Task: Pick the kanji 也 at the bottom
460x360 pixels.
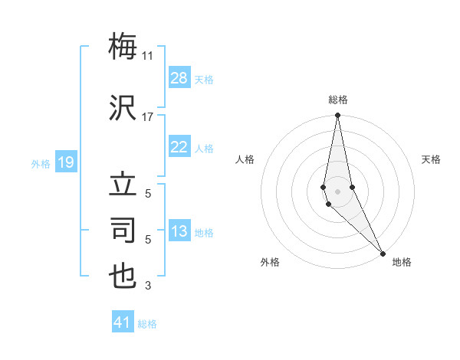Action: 123,276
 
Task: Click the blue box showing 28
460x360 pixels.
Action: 179,78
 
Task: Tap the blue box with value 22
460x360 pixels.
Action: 179,147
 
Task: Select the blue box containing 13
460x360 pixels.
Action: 179,232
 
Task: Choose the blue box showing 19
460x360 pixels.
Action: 66,162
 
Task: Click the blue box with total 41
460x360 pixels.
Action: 123,322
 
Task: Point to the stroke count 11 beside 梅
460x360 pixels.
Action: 147,55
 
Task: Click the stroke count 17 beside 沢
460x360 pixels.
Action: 147,117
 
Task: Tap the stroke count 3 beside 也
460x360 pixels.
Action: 148,286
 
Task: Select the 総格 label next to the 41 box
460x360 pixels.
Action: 147,324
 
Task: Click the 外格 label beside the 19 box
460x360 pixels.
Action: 41,163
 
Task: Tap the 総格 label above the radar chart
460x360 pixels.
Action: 337,100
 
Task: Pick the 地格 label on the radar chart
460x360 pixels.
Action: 402,262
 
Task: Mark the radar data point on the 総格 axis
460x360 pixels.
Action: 337,116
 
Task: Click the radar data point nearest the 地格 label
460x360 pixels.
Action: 383,253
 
